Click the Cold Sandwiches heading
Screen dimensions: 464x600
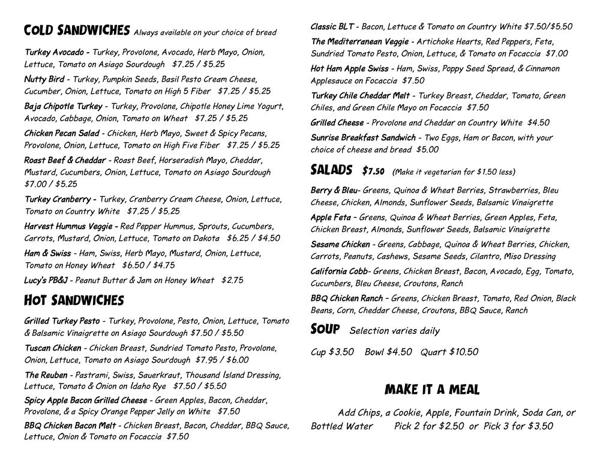click(77, 30)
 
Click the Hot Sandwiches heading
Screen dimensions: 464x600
click(74, 300)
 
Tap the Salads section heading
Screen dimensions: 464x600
click(331, 170)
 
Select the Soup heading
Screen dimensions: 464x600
click(325, 330)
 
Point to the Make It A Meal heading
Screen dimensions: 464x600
click(432, 390)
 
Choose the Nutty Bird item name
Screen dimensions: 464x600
click(44, 79)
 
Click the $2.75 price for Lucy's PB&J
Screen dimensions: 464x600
click(232, 280)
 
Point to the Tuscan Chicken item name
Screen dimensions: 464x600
click(53, 348)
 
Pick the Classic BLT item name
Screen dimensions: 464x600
click(332, 26)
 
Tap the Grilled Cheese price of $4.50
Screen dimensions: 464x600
click(538, 122)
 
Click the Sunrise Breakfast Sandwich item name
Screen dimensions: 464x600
click(363, 137)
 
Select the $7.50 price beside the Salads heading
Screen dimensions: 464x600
click(373, 172)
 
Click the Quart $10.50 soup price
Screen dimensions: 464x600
click(449, 352)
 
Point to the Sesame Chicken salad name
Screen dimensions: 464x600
click(340, 244)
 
